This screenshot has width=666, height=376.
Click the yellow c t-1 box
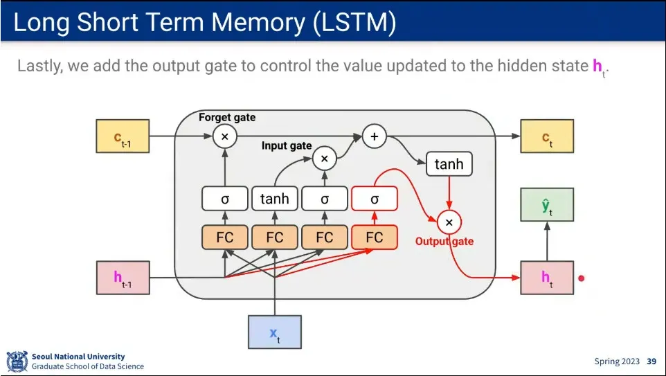pyautogui.click(x=123, y=136)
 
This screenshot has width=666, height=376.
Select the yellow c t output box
pyautogui.click(x=547, y=136)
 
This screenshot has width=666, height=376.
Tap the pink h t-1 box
pyautogui.click(x=123, y=278)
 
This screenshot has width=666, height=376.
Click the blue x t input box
pyautogui.click(x=275, y=332)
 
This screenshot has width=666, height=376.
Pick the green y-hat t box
pyautogui.click(x=547, y=205)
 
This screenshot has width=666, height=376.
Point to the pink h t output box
pyautogui.click(x=547, y=278)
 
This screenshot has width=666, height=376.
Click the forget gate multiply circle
pyautogui.click(x=225, y=136)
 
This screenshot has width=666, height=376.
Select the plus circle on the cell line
pyautogui.click(x=375, y=136)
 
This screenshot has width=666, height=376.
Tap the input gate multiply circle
pyautogui.click(x=325, y=159)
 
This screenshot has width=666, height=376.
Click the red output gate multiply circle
pyautogui.click(x=449, y=222)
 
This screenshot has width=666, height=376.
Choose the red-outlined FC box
pyautogui.click(x=375, y=237)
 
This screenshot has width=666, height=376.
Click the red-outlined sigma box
pyautogui.click(x=375, y=199)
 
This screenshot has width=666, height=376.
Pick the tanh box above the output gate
pyautogui.click(x=449, y=164)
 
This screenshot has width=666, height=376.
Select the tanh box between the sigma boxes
pyautogui.click(x=275, y=199)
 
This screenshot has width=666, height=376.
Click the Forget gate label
pyautogui.click(x=227, y=117)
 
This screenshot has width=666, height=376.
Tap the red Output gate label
pyautogui.click(x=444, y=242)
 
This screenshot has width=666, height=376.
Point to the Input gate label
pyautogui.click(x=287, y=145)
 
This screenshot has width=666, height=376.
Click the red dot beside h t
pyautogui.click(x=582, y=278)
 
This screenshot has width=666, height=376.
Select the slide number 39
pyautogui.click(x=651, y=361)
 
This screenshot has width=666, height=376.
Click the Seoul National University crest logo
pyautogui.click(x=17, y=361)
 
